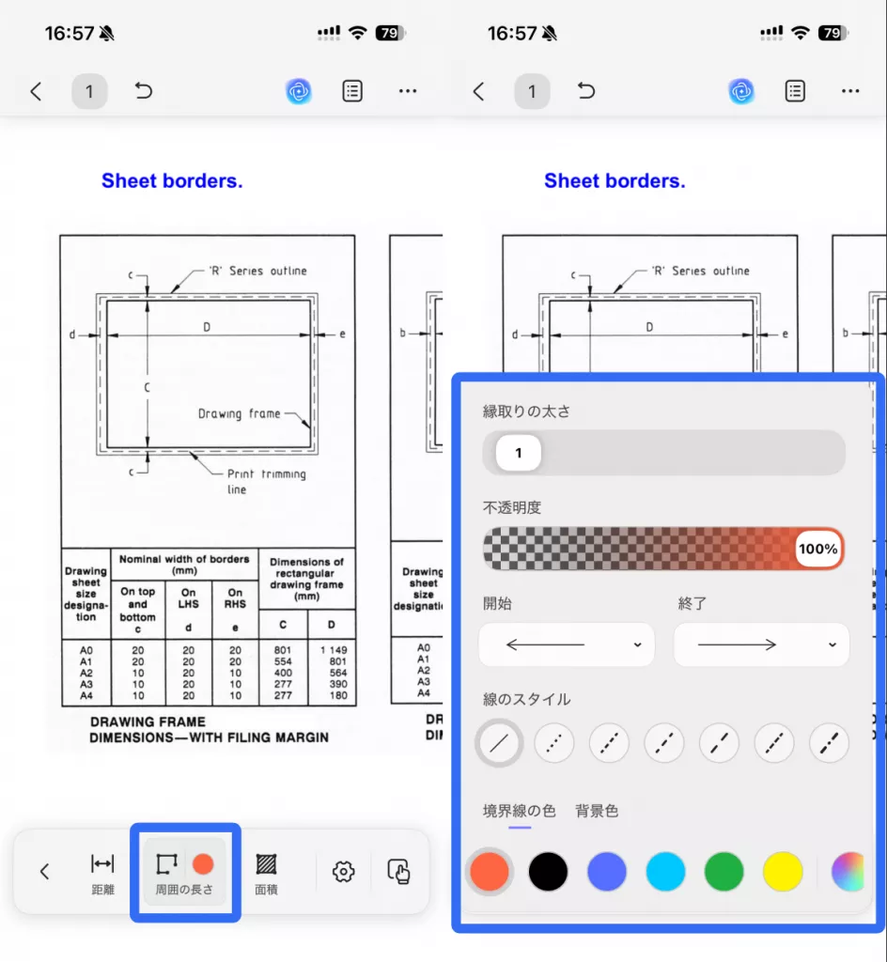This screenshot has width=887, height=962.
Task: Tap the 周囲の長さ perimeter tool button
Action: click(184, 871)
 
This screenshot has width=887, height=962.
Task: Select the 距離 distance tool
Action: click(102, 872)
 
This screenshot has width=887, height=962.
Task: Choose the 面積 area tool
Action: click(266, 872)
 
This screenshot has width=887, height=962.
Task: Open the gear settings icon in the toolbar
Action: click(344, 871)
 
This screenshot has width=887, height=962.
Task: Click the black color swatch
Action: click(548, 871)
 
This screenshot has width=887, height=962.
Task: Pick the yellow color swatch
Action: click(783, 871)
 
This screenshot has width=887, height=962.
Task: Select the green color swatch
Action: click(724, 871)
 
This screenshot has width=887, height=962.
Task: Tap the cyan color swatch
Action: click(665, 871)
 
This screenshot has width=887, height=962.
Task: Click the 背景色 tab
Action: click(597, 811)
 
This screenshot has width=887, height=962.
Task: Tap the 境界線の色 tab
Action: click(519, 811)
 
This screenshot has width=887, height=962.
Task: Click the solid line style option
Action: click(499, 743)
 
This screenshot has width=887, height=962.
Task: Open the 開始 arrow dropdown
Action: click(567, 644)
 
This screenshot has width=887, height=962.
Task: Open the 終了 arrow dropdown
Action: click(761, 644)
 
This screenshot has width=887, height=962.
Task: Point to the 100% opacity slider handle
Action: click(817, 549)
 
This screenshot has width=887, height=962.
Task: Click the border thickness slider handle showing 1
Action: click(519, 453)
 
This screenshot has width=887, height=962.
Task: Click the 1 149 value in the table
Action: click(334, 650)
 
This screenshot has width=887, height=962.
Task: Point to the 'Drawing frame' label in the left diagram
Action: click(240, 414)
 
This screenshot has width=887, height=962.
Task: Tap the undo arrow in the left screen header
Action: click(144, 91)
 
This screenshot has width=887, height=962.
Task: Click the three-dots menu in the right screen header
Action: click(850, 91)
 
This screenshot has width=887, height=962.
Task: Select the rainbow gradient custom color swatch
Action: click(848, 871)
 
